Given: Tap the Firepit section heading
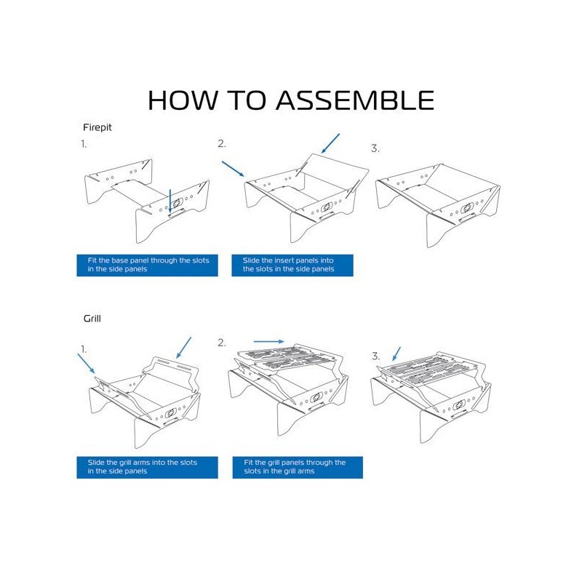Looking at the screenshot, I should point(97,127).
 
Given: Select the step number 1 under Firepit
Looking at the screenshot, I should point(84,144).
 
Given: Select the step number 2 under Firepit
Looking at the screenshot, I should point(222,144).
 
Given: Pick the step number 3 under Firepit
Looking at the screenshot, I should point(375,148).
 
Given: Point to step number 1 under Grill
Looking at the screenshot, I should point(84,349).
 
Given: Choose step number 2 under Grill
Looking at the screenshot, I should point(222,343).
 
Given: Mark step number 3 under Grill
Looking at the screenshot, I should point(376,356).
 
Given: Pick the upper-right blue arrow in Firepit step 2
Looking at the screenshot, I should point(330,143).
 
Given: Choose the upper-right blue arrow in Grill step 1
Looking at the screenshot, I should point(183,347).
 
